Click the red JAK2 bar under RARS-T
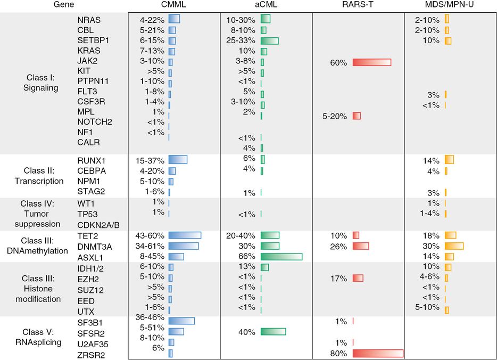point(371,62)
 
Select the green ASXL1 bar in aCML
point(281,257)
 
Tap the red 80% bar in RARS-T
point(378,353)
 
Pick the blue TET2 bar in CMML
point(185,235)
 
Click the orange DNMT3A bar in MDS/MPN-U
point(454,246)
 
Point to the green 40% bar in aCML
point(273,332)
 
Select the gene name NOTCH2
point(95,122)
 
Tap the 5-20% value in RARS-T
point(335,116)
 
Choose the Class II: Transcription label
point(42,175)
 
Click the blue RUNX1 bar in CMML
point(178,159)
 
